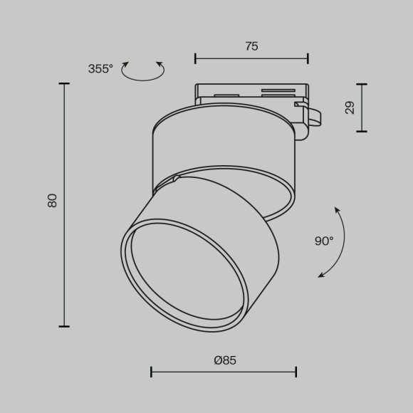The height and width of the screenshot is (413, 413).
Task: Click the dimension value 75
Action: [251, 46]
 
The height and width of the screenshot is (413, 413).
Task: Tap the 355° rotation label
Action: [100, 69]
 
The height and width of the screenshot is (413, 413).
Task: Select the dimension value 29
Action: [350, 108]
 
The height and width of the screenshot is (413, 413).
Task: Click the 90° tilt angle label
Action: [324, 241]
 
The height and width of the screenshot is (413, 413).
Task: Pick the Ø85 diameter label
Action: [225, 360]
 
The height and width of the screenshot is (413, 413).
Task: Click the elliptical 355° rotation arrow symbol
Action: [143, 70]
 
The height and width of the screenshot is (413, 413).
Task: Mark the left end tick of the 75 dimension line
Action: [195, 58]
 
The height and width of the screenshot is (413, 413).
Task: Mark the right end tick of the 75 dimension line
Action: [308, 58]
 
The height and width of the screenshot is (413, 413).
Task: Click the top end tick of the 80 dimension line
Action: [64, 84]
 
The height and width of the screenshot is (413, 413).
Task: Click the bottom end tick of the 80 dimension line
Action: [64, 326]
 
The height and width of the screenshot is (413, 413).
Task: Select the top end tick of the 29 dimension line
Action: [363, 84]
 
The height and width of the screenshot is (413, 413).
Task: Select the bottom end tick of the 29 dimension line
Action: [363, 131]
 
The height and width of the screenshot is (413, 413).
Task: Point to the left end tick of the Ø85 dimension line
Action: [151, 372]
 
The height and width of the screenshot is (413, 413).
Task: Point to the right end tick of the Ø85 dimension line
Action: [296, 372]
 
